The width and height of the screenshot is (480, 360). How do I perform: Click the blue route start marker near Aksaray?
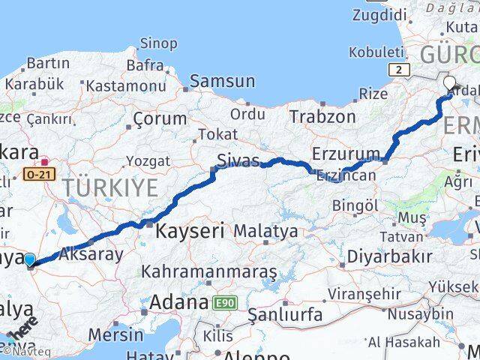click(x=29, y=260)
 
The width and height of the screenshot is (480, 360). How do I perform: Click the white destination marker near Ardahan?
click(x=450, y=84)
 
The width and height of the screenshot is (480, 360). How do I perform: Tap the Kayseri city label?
click(x=190, y=232)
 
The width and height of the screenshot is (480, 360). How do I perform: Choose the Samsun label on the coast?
click(x=223, y=81)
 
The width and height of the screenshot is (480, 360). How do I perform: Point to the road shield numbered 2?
click(x=401, y=70)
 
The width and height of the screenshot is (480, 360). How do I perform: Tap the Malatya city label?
click(x=265, y=231)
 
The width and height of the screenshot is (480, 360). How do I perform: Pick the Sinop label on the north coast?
click(x=159, y=44)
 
